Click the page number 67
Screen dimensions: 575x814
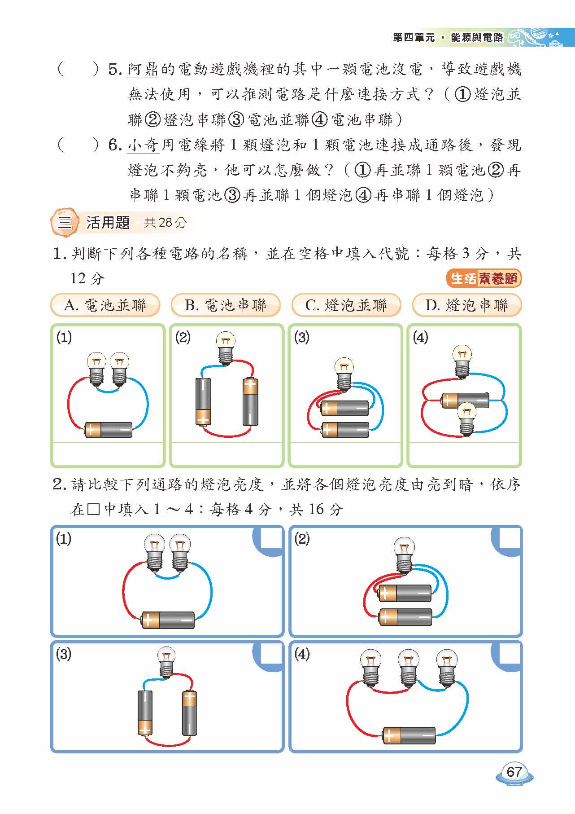point(514,772)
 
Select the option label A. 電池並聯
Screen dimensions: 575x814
point(105,305)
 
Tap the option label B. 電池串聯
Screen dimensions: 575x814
point(226,305)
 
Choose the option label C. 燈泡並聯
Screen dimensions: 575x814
point(346,305)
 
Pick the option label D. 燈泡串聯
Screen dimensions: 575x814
point(466,305)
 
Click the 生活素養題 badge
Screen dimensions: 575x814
point(484,278)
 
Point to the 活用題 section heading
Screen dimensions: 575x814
point(108,223)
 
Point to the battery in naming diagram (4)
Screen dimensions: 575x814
point(466,400)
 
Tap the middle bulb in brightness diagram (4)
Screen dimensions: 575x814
point(409,668)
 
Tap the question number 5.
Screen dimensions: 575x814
point(115,70)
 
